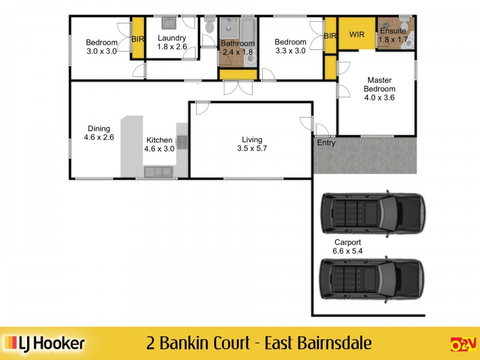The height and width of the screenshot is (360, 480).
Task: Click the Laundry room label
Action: tap(172, 38)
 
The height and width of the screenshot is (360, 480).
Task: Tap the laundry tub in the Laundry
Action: tap(168, 24)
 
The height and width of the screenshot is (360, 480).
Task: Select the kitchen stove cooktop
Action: tap(181, 142)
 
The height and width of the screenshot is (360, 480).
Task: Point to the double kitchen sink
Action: tap(158, 172)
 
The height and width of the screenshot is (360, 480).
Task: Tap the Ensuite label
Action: tap(393, 31)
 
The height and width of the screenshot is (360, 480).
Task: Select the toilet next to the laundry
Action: tap(209, 26)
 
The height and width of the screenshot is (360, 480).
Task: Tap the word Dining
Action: tap(99, 128)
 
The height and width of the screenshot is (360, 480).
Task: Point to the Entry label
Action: tap(326, 143)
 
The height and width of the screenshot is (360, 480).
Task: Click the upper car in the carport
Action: tap(371, 213)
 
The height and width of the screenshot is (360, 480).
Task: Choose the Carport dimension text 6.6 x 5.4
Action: tap(347, 251)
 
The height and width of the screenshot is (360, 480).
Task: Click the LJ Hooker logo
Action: tap(45, 344)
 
